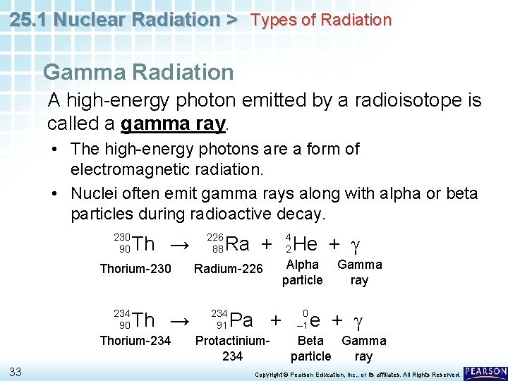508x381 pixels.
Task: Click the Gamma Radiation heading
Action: (138, 72)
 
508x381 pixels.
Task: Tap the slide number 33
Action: (16, 371)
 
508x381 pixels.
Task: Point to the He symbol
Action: (305, 244)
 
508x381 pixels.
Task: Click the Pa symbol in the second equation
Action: (242, 320)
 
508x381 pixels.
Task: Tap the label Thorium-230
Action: (135, 268)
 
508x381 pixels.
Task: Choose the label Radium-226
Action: (228, 268)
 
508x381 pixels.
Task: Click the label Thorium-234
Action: (135, 341)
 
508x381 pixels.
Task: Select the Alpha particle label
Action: (302, 272)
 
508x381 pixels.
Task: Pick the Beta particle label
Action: (310, 349)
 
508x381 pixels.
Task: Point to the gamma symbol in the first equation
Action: (356, 246)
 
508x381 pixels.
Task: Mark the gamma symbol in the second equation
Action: (358, 321)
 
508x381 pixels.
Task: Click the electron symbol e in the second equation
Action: (315, 320)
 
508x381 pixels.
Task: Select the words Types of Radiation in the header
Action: (321, 20)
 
